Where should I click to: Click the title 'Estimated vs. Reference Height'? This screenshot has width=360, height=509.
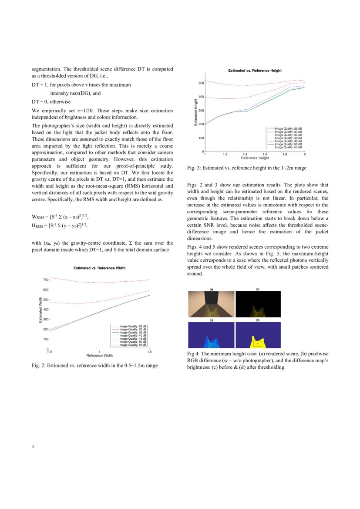255,70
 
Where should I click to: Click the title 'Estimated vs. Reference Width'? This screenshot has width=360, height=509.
99,268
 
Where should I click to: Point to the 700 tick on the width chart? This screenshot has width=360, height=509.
45,280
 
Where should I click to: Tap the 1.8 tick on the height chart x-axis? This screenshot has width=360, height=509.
285,154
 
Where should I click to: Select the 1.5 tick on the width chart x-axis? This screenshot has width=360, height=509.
149,351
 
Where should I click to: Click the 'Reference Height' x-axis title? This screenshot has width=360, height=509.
255,158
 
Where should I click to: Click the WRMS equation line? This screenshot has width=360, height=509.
61,216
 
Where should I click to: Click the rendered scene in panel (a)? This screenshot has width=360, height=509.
211,305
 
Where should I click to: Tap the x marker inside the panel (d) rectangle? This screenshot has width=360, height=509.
258,344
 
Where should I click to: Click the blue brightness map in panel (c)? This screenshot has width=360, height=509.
211,334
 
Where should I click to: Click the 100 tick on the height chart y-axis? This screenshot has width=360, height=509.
201,138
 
